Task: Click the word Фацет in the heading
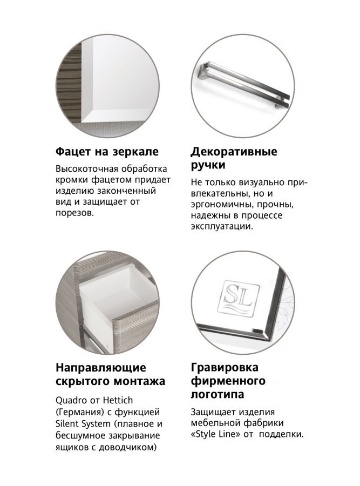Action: coord(73,152)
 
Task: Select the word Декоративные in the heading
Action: coord(234,152)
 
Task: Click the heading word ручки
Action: coord(208,165)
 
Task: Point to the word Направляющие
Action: coord(101,368)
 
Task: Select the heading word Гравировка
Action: coord(225,368)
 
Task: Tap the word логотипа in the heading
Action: coord(217,394)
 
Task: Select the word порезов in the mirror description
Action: coord(74,213)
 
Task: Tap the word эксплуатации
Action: coord(222,226)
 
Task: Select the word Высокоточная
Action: coord(86,169)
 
